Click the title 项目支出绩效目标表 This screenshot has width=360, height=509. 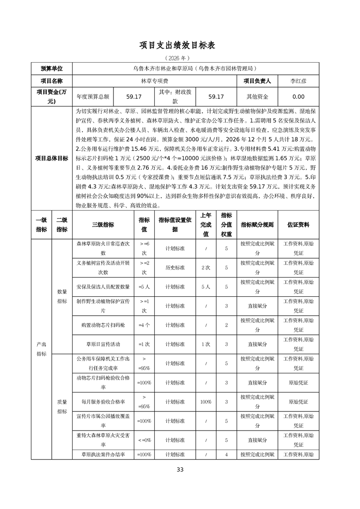180,45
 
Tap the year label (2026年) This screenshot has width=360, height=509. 180,59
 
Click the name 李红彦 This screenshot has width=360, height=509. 298,81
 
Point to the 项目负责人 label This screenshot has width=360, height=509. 257,81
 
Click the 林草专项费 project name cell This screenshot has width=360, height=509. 155,81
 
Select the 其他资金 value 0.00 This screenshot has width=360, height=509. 298,97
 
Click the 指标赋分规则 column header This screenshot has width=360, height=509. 257,225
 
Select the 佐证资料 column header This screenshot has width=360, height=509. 298,225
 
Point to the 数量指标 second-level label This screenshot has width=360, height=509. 62,296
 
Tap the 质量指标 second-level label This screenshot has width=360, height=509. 62,406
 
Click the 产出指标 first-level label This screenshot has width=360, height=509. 41,348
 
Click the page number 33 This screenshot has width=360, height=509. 180,470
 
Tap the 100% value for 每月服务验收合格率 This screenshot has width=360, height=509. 206,402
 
